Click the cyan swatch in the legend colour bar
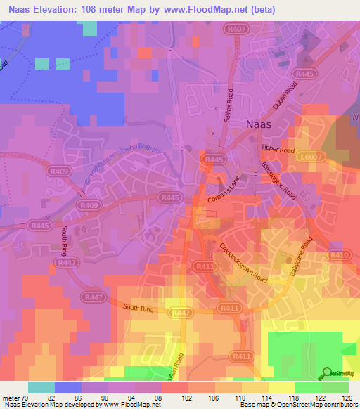[41, 387]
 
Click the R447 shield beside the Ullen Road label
[181, 312]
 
